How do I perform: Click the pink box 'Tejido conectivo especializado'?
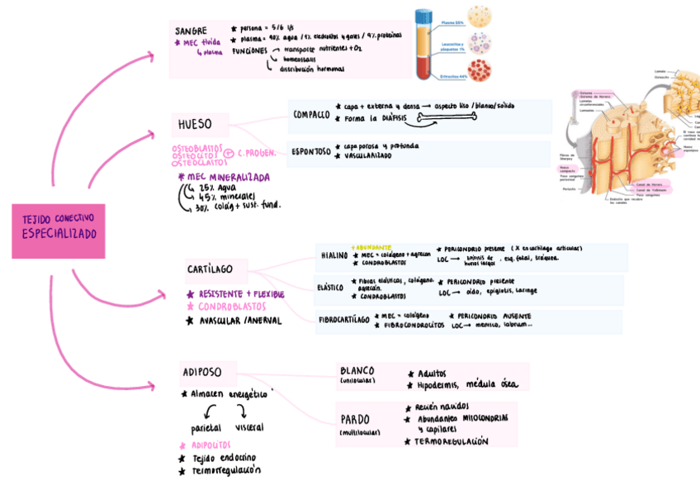click(59, 231)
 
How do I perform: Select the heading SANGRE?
click(191, 31)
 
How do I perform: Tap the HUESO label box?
click(195, 125)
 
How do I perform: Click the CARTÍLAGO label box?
click(210, 269)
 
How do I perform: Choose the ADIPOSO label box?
click(202, 372)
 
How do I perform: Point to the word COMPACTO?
click(311, 115)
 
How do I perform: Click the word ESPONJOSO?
click(310, 152)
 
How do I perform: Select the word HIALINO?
click(333, 255)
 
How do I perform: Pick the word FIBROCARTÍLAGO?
click(343, 320)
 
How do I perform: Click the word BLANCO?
click(357, 371)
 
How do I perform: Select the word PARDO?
click(355, 419)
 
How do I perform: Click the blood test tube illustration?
click(424, 45)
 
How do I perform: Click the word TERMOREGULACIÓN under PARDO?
click(451, 441)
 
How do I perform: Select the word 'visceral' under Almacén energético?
click(249, 427)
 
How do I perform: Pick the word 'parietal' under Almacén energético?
click(206, 428)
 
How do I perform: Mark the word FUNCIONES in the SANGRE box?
click(249, 50)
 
